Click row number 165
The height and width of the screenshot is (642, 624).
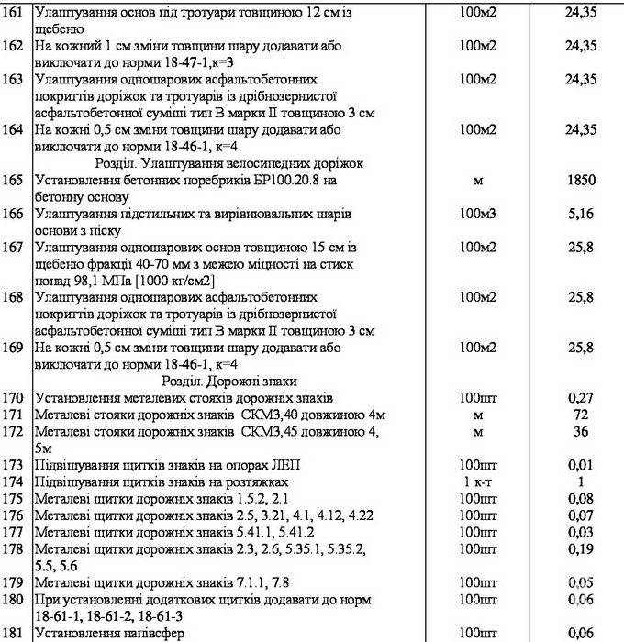[15, 181]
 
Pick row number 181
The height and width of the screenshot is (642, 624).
[15, 632]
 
